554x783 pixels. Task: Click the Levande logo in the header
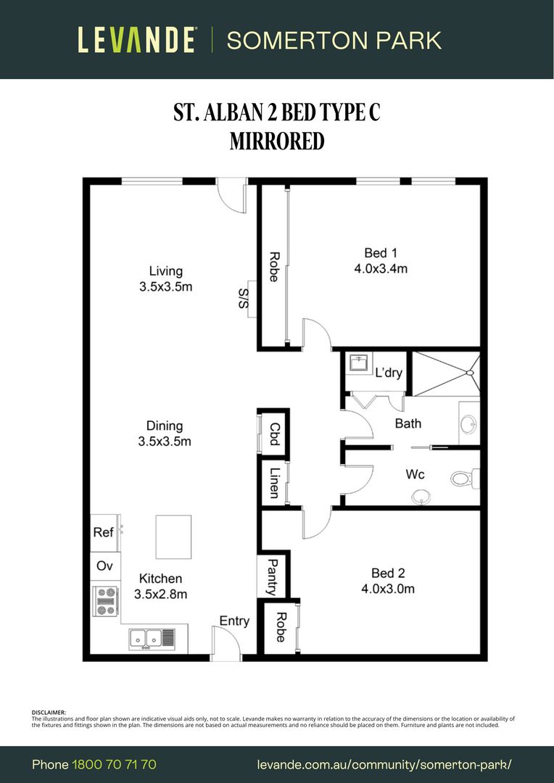(x=136, y=40)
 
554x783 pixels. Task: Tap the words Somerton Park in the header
(x=334, y=40)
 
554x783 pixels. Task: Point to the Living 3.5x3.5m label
(x=165, y=279)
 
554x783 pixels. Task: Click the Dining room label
(x=165, y=434)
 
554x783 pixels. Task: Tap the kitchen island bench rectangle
(x=173, y=536)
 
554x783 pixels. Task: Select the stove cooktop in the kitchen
(x=106, y=601)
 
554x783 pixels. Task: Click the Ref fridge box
(x=104, y=532)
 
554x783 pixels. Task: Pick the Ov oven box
(x=104, y=565)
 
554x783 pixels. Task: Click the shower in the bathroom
(x=445, y=373)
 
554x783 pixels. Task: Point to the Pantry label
(x=273, y=576)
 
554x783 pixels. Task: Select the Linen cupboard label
(x=274, y=482)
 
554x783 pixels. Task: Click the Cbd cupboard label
(x=274, y=435)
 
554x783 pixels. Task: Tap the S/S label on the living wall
(x=244, y=297)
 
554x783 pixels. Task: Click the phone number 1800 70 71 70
(x=114, y=764)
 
